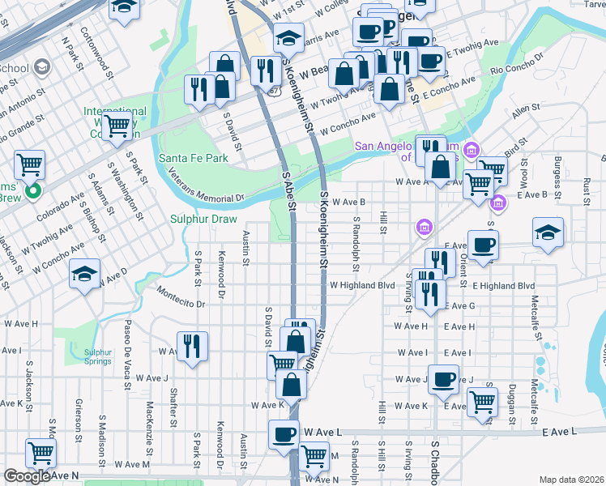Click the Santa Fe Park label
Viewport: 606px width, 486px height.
click(194, 159)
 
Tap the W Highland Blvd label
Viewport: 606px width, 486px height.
click(362, 286)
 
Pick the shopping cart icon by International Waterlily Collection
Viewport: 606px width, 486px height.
click(117, 126)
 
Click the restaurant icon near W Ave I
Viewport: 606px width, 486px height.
click(192, 347)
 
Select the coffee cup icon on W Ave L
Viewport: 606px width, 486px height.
click(284, 434)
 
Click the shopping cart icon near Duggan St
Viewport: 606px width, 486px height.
click(482, 401)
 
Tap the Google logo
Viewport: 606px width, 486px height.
click(27, 476)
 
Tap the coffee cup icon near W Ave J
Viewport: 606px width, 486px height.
click(442, 379)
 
